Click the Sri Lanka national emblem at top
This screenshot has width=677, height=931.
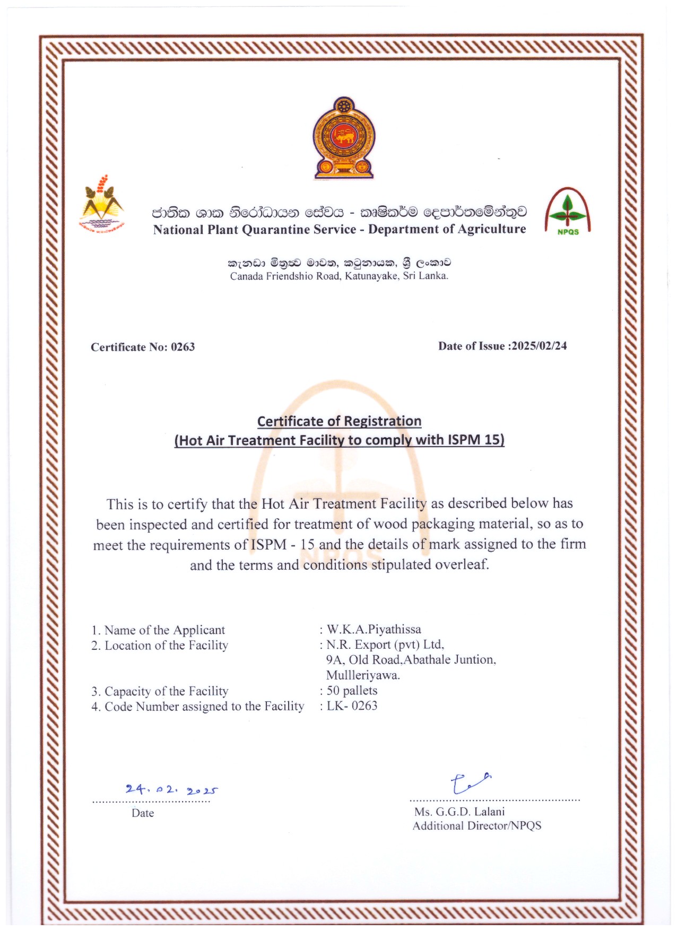[x=343, y=138]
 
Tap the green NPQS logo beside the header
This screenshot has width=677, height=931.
[x=568, y=212]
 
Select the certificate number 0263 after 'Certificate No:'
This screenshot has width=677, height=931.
[x=183, y=347]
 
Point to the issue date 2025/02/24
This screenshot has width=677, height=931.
[x=539, y=346]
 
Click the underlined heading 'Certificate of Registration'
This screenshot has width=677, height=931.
[x=339, y=422]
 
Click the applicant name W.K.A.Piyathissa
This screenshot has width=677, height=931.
[x=374, y=630]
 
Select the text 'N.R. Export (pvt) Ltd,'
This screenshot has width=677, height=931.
[x=385, y=645]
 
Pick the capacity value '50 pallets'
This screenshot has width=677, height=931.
[x=352, y=691]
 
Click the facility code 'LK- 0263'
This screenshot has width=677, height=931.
[x=352, y=706]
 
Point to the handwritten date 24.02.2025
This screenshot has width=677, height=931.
[x=171, y=790]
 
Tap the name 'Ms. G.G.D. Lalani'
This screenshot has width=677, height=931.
[x=459, y=812]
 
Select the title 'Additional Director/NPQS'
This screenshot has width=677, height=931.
[x=477, y=826]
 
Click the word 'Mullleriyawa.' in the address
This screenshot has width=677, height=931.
[x=363, y=675]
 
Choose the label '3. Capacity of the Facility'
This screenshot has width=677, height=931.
[x=160, y=691]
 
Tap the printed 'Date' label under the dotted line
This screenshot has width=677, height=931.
[x=143, y=813]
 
